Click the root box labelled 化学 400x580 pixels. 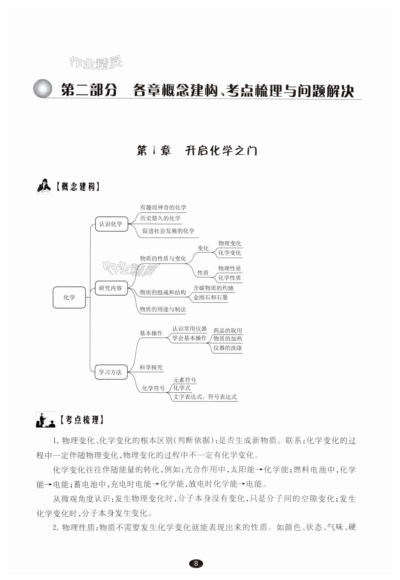(69, 297)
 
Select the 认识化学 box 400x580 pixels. (111, 224)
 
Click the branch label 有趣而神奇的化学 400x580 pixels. (163, 207)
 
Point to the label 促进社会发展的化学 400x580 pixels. (168, 231)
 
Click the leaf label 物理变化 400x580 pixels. (230, 243)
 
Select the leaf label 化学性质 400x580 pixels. (230, 278)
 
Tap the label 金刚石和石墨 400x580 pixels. (211, 297)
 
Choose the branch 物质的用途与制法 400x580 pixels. (163, 309)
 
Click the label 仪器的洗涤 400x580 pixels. (228, 348)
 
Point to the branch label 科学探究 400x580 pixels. (151, 367)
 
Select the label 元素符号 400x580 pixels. (185, 380)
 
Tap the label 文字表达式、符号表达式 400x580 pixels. (205, 397)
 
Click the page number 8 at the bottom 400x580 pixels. (196, 564)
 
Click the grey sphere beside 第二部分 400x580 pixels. (43, 88)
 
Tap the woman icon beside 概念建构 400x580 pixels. (44, 186)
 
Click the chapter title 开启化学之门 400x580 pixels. (221, 151)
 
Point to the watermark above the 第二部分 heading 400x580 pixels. (96, 62)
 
